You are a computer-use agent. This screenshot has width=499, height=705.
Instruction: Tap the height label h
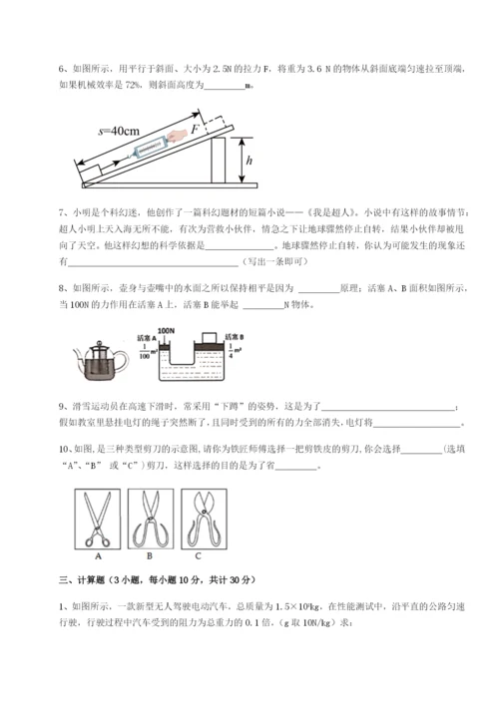pos(249,164)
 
